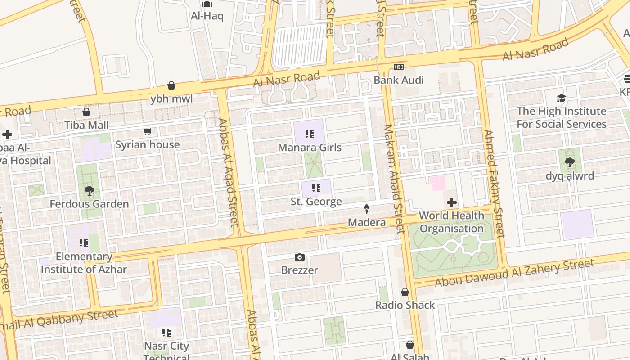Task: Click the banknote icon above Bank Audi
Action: click(x=399, y=67)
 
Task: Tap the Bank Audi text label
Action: click(x=399, y=80)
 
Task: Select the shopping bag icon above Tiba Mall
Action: click(x=86, y=112)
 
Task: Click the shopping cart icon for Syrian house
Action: click(x=147, y=132)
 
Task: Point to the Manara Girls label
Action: click(x=310, y=148)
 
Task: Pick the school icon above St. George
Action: click(x=316, y=188)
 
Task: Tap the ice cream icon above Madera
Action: click(x=367, y=209)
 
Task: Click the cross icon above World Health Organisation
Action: click(x=451, y=202)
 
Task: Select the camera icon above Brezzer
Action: click(x=300, y=257)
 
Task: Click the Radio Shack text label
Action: click(x=405, y=305)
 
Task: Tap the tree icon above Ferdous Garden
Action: click(x=89, y=191)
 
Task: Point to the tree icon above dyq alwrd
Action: click(x=570, y=162)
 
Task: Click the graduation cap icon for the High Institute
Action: click(x=561, y=98)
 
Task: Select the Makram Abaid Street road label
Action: click(x=392, y=178)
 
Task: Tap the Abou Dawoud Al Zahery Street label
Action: click(x=515, y=273)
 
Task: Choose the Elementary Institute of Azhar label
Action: click(x=84, y=263)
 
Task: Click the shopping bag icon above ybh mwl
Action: click(x=171, y=85)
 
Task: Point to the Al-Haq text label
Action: click(x=207, y=16)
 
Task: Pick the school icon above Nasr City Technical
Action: click(x=166, y=333)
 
